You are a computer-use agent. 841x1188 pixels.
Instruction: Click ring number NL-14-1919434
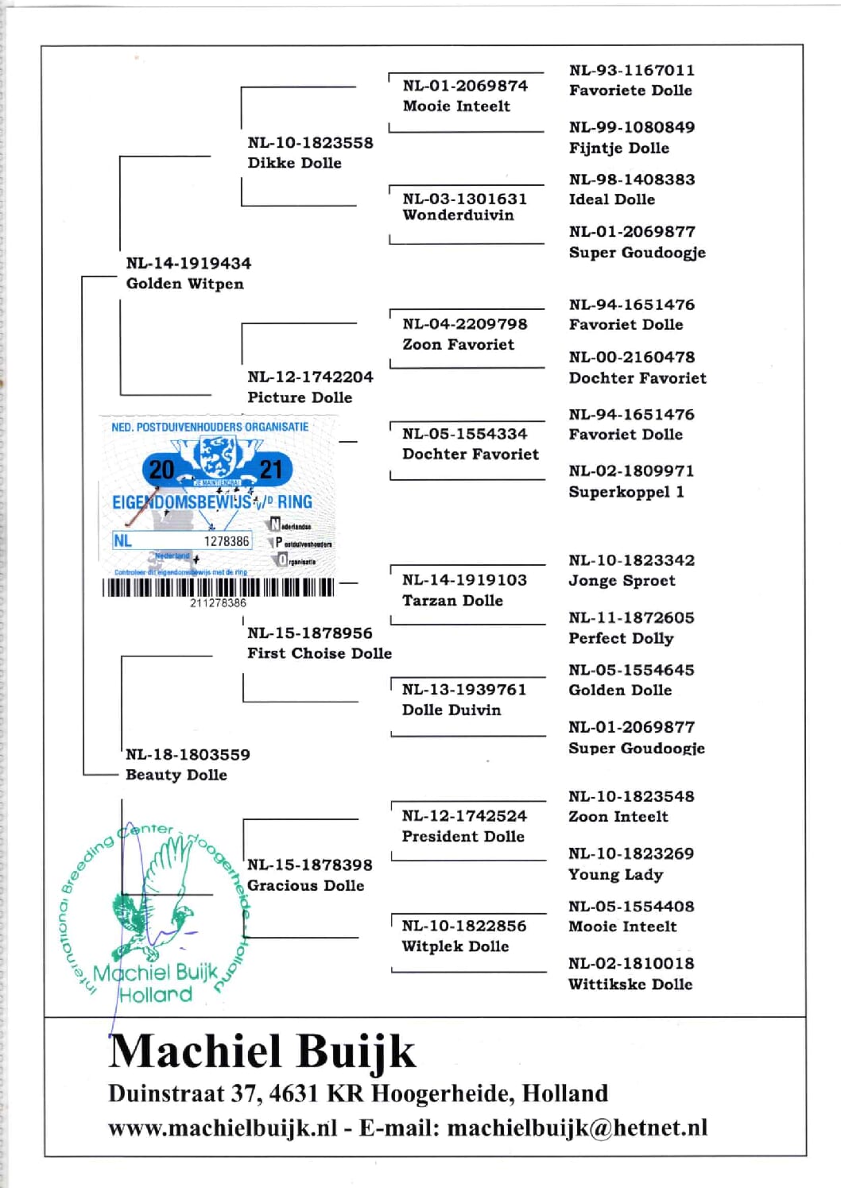point(188,263)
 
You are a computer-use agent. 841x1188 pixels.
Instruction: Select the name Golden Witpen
point(184,284)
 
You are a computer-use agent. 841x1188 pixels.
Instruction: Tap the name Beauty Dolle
point(176,775)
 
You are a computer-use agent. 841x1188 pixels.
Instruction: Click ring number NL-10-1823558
point(310,143)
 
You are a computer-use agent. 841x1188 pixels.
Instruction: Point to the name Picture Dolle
point(300,397)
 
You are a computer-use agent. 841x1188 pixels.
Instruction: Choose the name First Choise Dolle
point(320,653)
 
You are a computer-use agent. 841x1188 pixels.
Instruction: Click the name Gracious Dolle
point(306,885)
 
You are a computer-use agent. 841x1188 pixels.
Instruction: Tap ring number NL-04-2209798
point(465,324)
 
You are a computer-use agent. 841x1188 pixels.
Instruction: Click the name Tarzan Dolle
point(452,601)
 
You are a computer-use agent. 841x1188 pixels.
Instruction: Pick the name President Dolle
point(463,837)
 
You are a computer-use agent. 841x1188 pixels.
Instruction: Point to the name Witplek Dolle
point(455,946)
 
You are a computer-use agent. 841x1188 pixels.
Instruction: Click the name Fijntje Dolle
point(619,148)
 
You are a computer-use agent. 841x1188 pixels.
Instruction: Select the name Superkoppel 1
point(626,492)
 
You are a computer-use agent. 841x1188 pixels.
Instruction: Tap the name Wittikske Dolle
point(630,984)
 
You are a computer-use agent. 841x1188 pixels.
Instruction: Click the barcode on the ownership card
point(218,588)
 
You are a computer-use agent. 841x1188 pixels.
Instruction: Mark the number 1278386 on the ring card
point(227,541)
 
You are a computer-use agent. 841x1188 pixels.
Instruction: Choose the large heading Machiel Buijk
point(262,1051)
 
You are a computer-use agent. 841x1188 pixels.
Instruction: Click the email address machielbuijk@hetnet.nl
point(577,1128)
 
